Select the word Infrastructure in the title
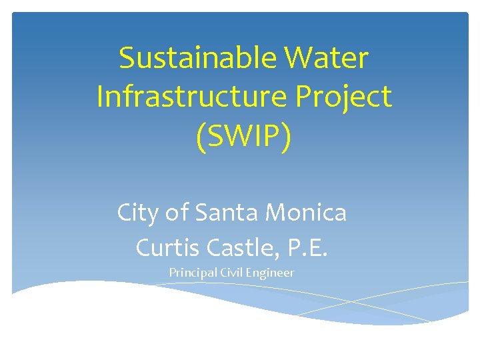(187, 97)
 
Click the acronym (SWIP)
(244, 137)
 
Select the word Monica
(307, 213)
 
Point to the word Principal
(191, 273)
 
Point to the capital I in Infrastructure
(100, 97)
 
